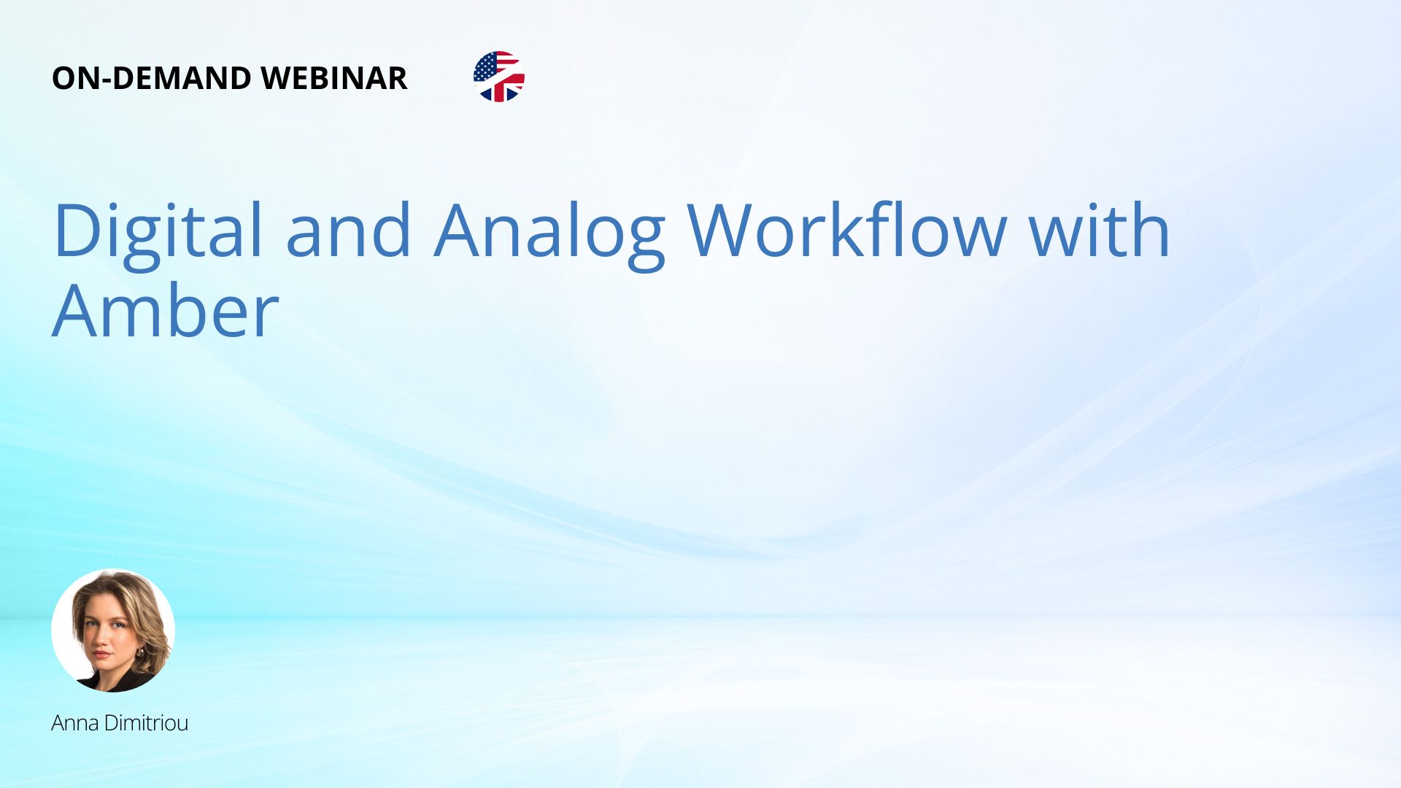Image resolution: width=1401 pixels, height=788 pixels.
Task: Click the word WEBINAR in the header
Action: coord(333,78)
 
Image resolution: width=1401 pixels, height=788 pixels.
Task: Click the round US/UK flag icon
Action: coord(499,77)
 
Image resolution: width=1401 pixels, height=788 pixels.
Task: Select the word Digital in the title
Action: coord(158,232)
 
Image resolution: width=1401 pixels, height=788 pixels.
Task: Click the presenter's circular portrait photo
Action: coord(113,630)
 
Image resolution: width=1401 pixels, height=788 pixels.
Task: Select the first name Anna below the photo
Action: coord(75,723)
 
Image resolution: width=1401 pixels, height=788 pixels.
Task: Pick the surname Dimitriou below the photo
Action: coord(146,723)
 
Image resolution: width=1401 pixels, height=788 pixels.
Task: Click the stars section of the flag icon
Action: coord(486,67)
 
